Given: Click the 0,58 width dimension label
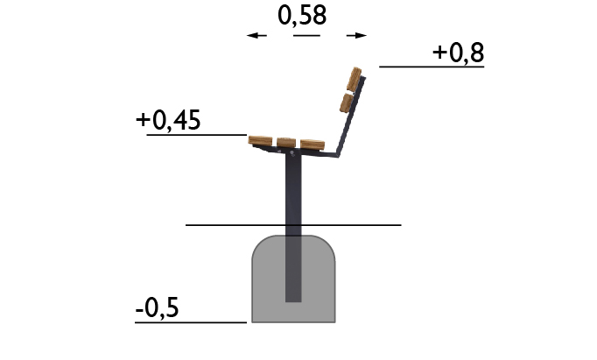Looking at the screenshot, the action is tap(302, 17).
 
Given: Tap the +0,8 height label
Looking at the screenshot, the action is tap(458, 53).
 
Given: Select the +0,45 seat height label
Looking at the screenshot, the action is tap(168, 120).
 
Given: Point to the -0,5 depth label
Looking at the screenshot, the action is tap(157, 308).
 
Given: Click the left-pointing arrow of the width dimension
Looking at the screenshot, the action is tap(256, 35).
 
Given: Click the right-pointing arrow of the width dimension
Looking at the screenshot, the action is tap(356, 35).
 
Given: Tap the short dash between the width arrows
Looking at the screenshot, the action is tap(306, 35).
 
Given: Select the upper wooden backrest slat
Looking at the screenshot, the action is tap(355, 79).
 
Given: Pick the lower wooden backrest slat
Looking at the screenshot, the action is tap(347, 103).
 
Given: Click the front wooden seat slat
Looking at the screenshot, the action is tap(260, 140).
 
